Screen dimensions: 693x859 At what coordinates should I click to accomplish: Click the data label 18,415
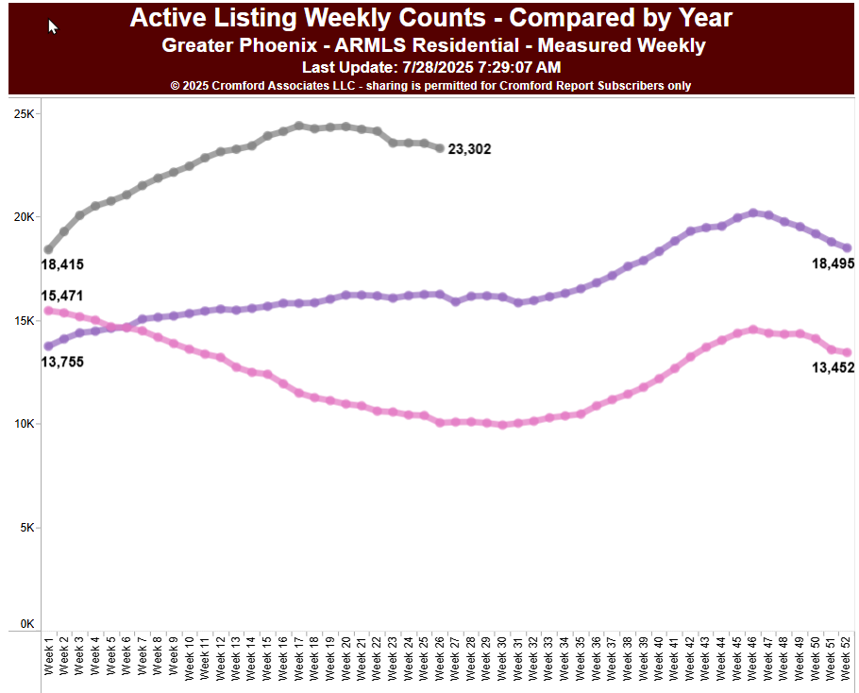click(x=62, y=265)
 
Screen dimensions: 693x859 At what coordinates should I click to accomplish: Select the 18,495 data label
click(x=833, y=265)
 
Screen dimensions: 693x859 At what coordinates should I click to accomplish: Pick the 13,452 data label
click(x=833, y=367)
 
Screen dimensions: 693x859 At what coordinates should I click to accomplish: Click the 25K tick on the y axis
click(x=24, y=114)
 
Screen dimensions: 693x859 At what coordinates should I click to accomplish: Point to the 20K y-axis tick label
click(x=24, y=217)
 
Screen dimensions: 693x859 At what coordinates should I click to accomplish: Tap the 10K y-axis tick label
click(x=24, y=424)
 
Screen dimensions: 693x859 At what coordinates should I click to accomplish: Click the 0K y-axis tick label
click(x=26, y=624)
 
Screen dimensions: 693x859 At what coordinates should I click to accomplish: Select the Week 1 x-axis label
click(x=49, y=656)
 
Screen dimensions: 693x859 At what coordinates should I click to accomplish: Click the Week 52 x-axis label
click(x=848, y=656)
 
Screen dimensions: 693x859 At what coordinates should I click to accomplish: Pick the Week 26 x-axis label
click(x=441, y=656)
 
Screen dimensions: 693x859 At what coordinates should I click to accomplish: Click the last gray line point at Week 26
click(x=440, y=148)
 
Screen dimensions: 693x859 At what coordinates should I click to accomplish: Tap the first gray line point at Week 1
click(x=48, y=249)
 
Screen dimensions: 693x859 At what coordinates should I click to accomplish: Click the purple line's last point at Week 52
click(x=847, y=248)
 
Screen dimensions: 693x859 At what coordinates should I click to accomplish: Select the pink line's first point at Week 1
click(x=48, y=311)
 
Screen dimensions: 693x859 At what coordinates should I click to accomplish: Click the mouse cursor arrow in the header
click(x=53, y=26)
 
